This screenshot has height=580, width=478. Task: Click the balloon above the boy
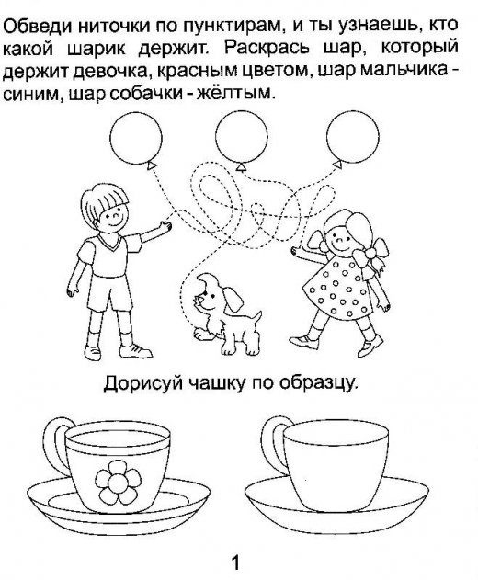136,139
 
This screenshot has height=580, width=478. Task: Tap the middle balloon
241,137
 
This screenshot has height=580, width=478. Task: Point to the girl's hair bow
370,258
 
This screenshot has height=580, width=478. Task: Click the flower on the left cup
118,482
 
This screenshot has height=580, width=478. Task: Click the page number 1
235,563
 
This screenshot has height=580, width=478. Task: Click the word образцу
319,384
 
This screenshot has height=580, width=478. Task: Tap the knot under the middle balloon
241,167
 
